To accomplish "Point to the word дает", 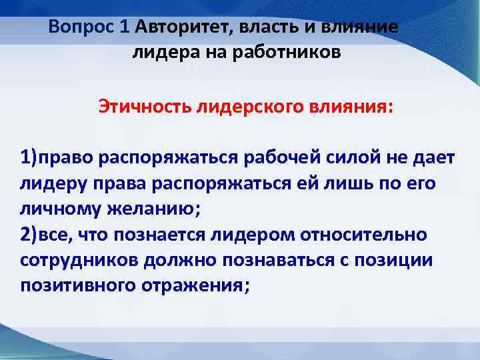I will coord(433,158).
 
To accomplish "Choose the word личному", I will coord(56,209).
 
